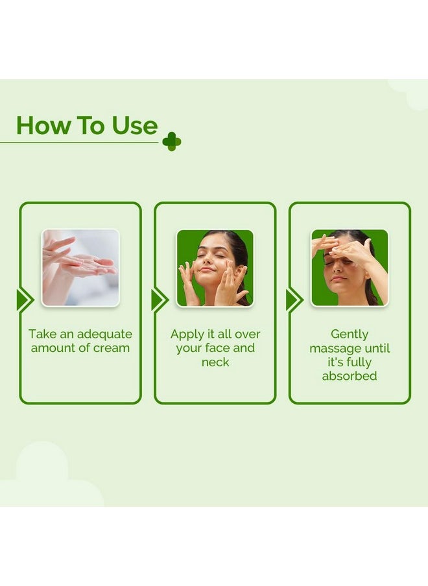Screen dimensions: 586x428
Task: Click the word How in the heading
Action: pyautogui.click(x=41, y=126)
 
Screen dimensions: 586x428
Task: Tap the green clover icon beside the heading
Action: pyautogui.click(x=171, y=141)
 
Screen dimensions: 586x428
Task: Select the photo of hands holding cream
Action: pyautogui.click(x=80, y=268)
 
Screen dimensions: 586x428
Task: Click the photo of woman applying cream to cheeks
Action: pyautogui.click(x=215, y=268)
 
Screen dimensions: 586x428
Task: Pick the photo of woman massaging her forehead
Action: pyautogui.click(x=350, y=268)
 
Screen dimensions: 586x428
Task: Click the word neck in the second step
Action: pyautogui.click(x=215, y=362)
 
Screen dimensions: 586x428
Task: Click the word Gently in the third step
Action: pyautogui.click(x=350, y=334)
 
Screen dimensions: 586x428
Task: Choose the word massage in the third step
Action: pyautogui.click(x=332, y=348)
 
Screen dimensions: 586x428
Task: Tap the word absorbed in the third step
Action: pyautogui.click(x=350, y=376)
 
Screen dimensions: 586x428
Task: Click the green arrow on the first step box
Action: pyautogui.click(x=25, y=300)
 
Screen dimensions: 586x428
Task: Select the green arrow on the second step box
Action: pyautogui.click(x=159, y=300)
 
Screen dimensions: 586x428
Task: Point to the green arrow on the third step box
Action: pyautogui.click(x=294, y=300)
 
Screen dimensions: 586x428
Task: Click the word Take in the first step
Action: pyautogui.click(x=41, y=334)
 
